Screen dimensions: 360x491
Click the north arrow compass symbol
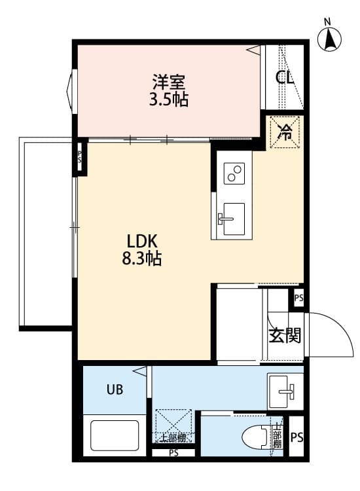(329, 39)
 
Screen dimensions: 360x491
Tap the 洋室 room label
(169, 82)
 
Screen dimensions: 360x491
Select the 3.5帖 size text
(169, 100)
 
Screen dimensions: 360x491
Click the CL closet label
(285, 77)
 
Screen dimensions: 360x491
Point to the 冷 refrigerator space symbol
(285, 132)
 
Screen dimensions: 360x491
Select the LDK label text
(141, 242)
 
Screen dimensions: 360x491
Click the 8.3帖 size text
(141, 259)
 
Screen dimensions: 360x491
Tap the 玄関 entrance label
(285, 335)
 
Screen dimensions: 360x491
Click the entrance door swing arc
(342, 326)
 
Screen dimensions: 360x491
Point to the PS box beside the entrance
(298, 298)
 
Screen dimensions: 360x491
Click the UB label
(115, 390)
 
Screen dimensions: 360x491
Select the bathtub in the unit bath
(115, 435)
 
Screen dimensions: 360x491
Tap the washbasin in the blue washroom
(281, 391)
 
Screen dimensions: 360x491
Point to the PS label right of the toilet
(297, 437)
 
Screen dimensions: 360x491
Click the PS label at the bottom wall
(173, 452)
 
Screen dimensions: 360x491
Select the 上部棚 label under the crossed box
(173, 437)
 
